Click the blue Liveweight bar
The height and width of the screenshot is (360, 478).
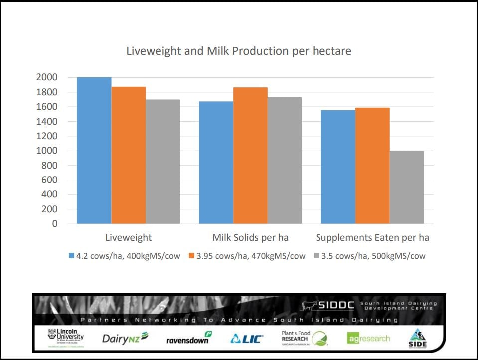pyautogui.click(x=94, y=150)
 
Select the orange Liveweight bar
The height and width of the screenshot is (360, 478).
pyautogui.click(x=129, y=155)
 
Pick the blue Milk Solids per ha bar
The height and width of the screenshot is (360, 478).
pyautogui.click(x=216, y=162)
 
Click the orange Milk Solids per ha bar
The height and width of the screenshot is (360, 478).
pyautogui.click(x=250, y=155)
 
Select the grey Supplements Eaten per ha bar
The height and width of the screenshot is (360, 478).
pyautogui.click(x=407, y=187)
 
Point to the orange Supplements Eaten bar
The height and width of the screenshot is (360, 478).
pyautogui.click(x=372, y=165)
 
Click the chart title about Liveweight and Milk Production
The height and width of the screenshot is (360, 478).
pyautogui.click(x=239, y=51)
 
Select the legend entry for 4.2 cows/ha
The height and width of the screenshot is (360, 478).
pyautogui.click(x=124, y=256)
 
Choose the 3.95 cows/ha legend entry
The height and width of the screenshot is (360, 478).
pyautogui.click(x=247, y=256)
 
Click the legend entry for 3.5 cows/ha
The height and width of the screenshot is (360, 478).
pyautogui.click(x=369, y=256)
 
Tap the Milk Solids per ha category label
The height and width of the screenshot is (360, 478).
pyautogui.click(x=250, y=238)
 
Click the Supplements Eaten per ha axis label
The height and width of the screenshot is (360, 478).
pyautogui.click(x=372, y=238)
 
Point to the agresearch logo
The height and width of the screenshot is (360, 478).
pyautogui.click(x=369, y=339)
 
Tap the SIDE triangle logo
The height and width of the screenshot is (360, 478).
pyautogui.click(x=418, y=338)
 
